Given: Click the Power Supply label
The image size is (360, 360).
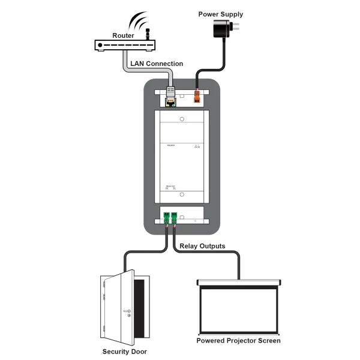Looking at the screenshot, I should (x=221, y=14).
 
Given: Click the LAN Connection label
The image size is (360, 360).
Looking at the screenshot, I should (x=157, y=64).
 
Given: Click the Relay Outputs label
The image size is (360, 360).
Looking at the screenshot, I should (x=202, y=246).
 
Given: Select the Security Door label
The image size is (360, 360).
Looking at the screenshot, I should (x=124, y=352).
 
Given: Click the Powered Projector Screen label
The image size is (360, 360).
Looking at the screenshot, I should (x=238, y=341).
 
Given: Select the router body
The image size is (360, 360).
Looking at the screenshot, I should (x=125, y=45).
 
